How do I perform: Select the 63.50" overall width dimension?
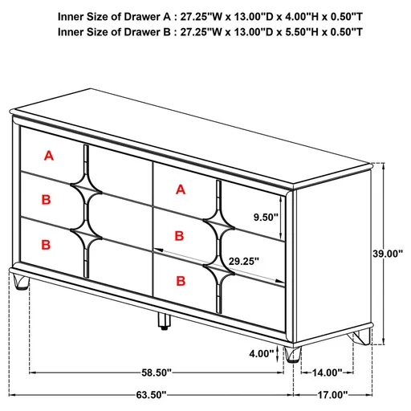click(151, 394)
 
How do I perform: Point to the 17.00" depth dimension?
click(332, 394)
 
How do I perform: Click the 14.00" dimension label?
click(328, 372)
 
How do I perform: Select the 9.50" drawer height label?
click(265, 216)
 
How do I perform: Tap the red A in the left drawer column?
click(49, 156)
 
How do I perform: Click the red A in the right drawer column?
click(180, 190)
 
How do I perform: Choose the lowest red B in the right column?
click(180, 281)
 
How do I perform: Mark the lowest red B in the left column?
click(47, 243)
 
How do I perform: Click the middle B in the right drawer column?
click(180, 236)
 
